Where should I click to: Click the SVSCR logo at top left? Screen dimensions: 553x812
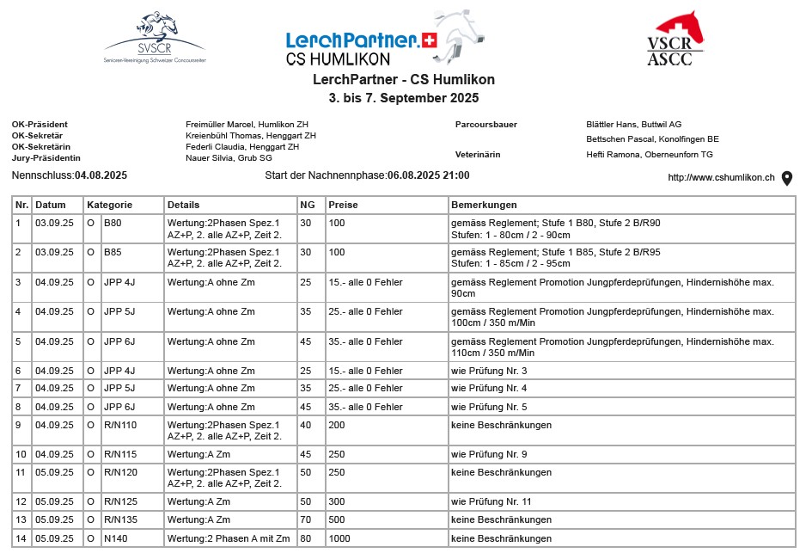click(154, 38)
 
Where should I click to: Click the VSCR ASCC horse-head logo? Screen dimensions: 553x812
click(675, 39)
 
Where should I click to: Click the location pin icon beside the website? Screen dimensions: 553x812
click(786, 178)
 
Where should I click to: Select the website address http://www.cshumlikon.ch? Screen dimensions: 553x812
click(721, 178)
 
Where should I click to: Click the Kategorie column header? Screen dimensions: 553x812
click(109, 206)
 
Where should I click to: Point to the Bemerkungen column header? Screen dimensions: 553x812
click(484, 206)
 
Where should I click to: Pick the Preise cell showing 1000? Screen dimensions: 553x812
click(339, 538)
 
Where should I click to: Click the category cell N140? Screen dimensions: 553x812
click(113, 538)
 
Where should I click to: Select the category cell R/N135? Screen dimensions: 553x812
click(120, 519)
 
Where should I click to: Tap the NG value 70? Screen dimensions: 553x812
click(305, 519)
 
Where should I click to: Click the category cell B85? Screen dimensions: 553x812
click(112, 252)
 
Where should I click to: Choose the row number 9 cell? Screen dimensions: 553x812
click(21, 425)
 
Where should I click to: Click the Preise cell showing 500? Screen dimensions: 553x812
click(337, 519)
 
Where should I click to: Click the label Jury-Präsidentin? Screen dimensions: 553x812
click(46, 158)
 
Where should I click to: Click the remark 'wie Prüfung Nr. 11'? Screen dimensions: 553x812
click(490, 501)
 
